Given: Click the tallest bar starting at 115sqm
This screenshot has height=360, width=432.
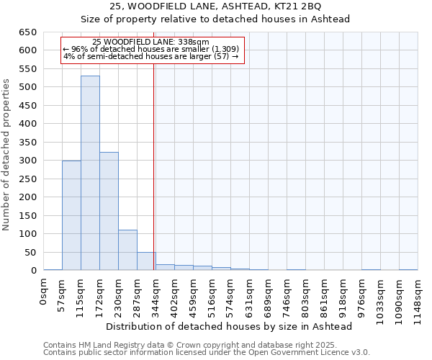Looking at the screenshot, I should pos(90,173).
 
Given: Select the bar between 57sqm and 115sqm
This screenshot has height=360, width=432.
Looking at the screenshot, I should pos(71,215).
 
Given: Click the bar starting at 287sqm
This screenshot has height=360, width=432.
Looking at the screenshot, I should pos(146,261).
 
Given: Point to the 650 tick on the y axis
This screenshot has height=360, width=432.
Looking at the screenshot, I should pos(28,32).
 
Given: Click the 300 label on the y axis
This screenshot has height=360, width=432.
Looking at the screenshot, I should pos(28,161).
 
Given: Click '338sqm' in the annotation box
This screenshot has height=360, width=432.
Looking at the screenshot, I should pos(194,42).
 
